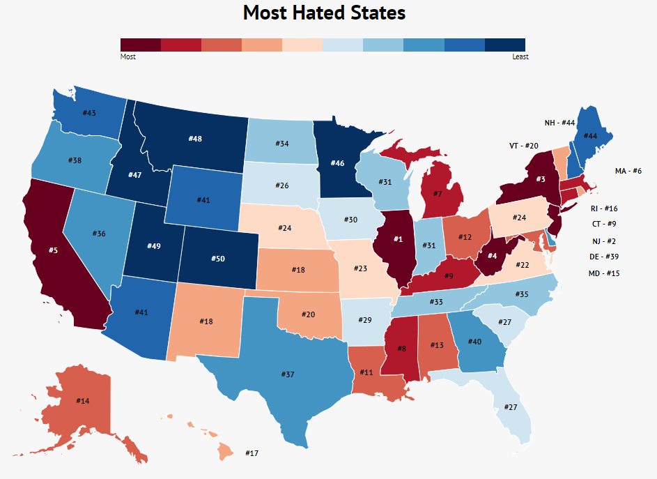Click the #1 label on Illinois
(399, 239)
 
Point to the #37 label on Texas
(288, 374)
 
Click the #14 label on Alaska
(83, 401)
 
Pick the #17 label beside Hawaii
(252, 453)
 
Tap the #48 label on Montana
(195, 139)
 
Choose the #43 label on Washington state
(89, 113)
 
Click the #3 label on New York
(540, 179)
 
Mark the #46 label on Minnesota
(337, 162)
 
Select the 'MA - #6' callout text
(628, 171)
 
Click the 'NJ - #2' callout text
(603, 241)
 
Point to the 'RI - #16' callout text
(603, 208)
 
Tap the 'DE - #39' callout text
(603, 257)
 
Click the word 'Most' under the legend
(128, 57)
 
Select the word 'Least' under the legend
(520, 57)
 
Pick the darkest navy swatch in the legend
(504, 45)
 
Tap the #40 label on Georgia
(474, 341)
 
